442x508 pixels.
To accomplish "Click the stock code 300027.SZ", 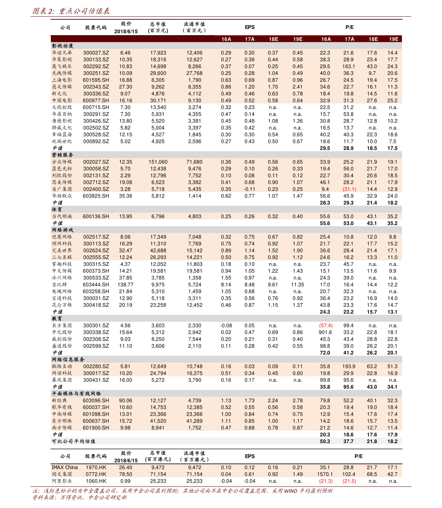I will (96, 53).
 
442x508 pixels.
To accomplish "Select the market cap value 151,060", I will (158, 162).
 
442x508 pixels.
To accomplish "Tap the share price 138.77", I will (125, 284).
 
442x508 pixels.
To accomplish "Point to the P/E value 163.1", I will (348, 66).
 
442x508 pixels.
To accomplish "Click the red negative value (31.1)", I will (349, 189).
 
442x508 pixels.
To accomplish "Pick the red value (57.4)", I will (326, 326).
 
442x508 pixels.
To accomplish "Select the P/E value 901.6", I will (325, 332).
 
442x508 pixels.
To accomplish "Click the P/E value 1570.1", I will (325, 474).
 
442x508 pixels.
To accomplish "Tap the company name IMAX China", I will (65, 467).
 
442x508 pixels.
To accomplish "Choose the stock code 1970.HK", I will (96, 467).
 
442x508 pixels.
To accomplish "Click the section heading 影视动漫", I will (62, 46).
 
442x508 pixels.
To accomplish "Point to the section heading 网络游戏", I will (62, 230).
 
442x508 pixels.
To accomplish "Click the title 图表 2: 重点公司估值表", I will (71, 11).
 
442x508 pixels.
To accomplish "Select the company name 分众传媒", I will (62, 162).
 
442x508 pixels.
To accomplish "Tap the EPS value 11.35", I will (297, 284).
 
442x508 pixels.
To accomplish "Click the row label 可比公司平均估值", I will (73, 441).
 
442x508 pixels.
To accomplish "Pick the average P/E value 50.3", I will (325, 441).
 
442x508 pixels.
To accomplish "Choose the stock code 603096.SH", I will (96, 400).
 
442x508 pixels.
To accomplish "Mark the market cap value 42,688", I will (158, 250).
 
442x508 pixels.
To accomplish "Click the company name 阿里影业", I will (62, 481).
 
